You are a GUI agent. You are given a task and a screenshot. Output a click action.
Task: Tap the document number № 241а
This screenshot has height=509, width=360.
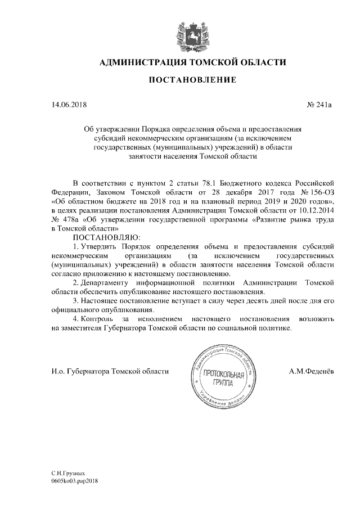point(319,105)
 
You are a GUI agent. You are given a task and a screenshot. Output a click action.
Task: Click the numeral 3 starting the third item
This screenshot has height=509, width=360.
point(75,301)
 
